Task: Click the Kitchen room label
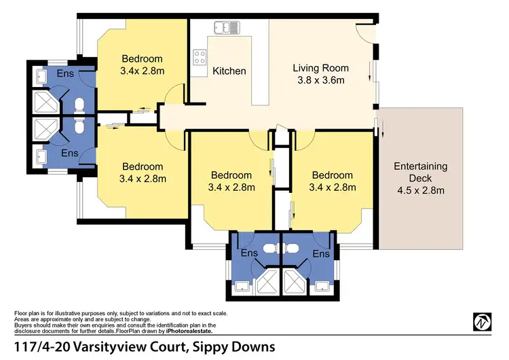coord(229,71)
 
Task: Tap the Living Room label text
coord(320,68)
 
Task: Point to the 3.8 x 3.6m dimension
coord(320,80)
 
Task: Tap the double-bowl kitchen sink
coord(227,28)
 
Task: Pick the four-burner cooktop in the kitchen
coord(200,56)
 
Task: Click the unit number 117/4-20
coord(42,346)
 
